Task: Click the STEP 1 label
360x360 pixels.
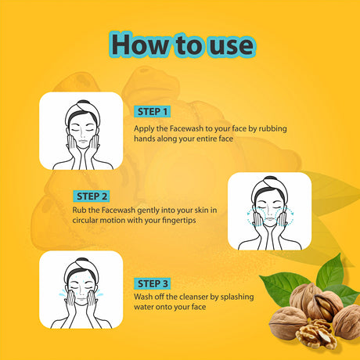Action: pyautogui.click(x=153, y=112)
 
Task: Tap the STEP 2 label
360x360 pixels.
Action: pyautogui.click(x=92, y=196)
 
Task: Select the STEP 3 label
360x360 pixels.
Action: pyautogui.click(x=153, y=283)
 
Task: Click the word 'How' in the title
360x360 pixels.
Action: pyautogui.click(x=140, y=45)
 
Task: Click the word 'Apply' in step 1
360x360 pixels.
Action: pyautogui.click(x=144, y=129)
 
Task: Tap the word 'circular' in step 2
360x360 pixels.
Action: pyautogui.click(x=85, y=220)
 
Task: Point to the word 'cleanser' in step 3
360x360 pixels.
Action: pyautogui.click(x=194, y=297)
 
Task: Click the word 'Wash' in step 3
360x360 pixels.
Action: pyautogui.click(x=143, y=297)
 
